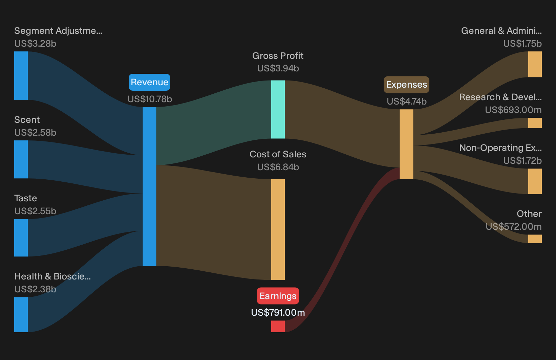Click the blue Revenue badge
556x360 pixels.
(x=149, y=82)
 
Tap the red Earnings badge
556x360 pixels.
(x=278, y=296)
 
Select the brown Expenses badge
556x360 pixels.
(x=406, y=85)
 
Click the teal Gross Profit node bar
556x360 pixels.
(x=278, y=109)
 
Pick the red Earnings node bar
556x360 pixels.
(x=278, y=326)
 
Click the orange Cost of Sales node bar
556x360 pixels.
(x=278, y=229)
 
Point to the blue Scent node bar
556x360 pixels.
(x=21, y=159)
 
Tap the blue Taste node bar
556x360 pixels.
(x=21, y=238)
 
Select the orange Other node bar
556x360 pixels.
(x=535, y=239)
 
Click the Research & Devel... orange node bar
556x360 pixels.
(x=535, y=123)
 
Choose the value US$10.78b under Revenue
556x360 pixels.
(x=150, y=99)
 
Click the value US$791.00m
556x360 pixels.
(x=278, y=313)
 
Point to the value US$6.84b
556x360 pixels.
(x=278, y=167)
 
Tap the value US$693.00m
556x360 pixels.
(x=513, y=110)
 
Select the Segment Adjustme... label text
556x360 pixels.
(x=58, y=31)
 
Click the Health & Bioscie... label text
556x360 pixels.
(x=52, y=276)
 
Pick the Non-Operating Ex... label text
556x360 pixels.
(x=500, y=148)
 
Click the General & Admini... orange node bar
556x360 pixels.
(x=535, y=64)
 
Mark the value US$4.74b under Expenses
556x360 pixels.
(x=407, y=102)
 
